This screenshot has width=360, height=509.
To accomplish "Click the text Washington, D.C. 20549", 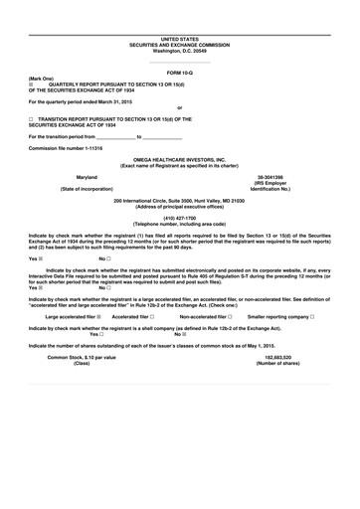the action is coord(179,50).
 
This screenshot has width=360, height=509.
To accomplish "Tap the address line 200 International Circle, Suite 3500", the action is coord(179,200).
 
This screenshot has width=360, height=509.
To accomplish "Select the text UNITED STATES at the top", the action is coord(179,38).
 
